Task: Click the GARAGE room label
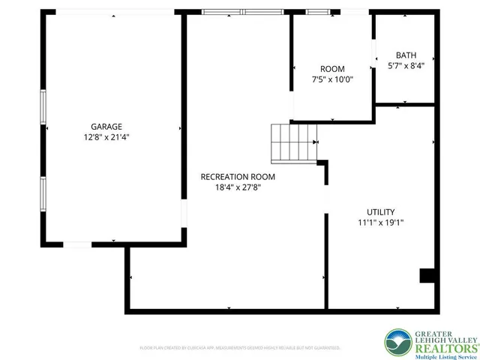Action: click(x=106, y=127)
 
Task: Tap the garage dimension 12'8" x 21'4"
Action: click(x=106, y=137)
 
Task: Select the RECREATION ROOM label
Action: click(x=238, y=177)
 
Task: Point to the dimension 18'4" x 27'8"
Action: click(x=238, y=187)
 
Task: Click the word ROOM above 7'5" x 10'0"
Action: click(x=332, y=69)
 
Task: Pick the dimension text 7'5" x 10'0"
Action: click(x=332, y=79)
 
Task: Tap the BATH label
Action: click(x=406, y=55)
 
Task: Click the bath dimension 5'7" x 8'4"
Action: click(x=406, y=66)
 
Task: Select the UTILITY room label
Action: click(x=381, y=212)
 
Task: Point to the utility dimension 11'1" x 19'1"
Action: click(x=381, y=223)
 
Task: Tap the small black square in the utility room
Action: click(x=427, y=275)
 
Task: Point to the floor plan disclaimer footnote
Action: click(x=240, y=348)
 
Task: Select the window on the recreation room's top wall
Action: click(x=241, y=12)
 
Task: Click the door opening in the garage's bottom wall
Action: click(x=77, y=244)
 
